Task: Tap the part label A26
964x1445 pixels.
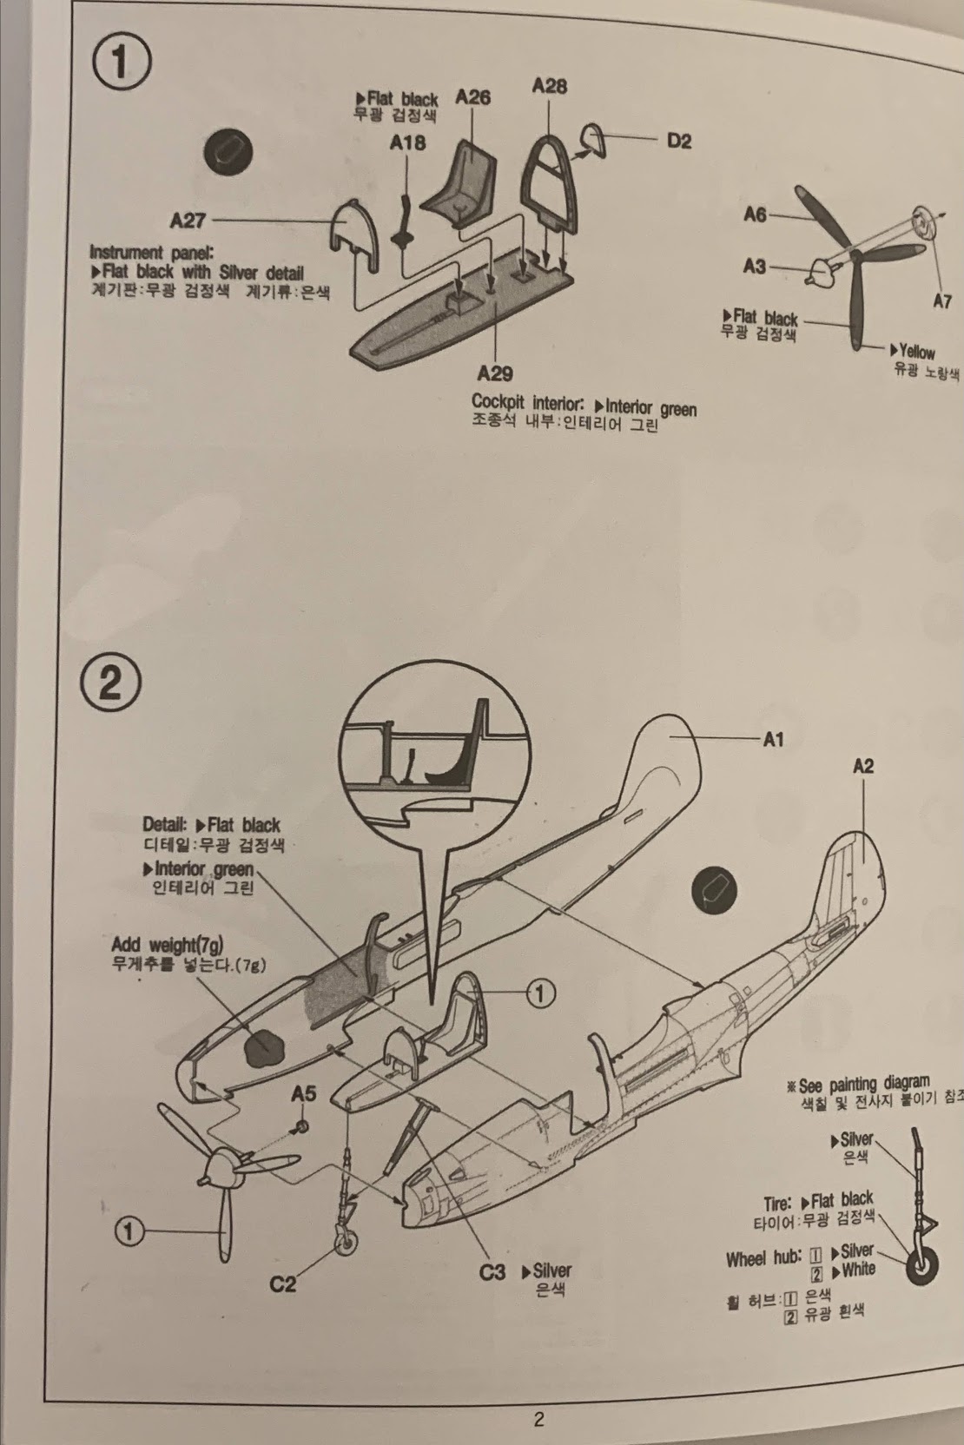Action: point(472,97)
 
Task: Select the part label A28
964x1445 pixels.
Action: point(549,85)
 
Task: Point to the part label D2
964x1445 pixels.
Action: point(679,141)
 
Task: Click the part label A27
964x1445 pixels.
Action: point(188,221)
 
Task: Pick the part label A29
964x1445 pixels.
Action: point(494,373)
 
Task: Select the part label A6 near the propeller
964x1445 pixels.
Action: point(755,214)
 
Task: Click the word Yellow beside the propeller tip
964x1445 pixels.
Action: point(916,352)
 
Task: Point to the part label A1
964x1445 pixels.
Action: point(773,739)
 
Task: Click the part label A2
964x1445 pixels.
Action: point(862,766)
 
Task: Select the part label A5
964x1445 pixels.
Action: point(303,1094)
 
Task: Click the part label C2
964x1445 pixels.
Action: point(283,1283)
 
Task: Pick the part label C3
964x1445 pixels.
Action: point(492,1272)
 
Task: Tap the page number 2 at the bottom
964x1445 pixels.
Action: point(538,1420)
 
